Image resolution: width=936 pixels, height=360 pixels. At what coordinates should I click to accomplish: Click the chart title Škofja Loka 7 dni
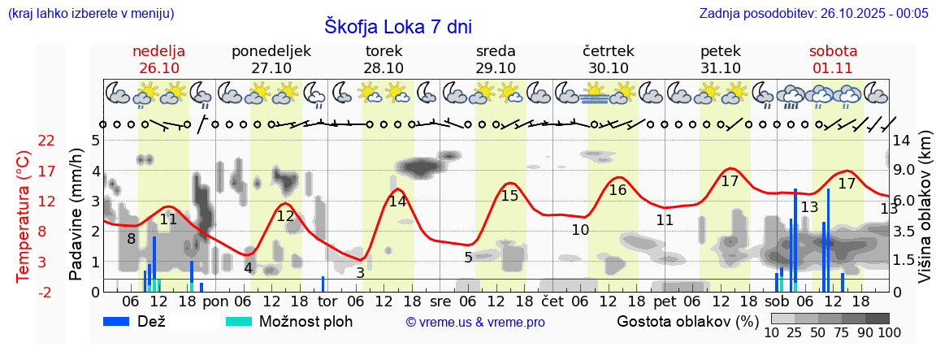397,26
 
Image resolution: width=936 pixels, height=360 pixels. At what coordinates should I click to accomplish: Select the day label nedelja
159,51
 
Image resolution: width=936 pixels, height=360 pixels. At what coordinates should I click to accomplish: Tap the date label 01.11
833,68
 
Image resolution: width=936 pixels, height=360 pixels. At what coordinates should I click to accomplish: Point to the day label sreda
496,51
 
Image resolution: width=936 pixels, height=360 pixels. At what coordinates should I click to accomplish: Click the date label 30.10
609,68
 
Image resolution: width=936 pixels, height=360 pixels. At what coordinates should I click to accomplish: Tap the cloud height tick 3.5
903,232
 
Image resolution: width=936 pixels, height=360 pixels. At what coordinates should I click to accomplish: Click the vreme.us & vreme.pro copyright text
475,323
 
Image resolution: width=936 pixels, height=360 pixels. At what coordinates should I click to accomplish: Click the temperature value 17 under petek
730,181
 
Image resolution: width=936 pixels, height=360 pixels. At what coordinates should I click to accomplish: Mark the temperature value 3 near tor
360,272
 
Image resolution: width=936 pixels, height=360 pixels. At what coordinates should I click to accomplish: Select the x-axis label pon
215,301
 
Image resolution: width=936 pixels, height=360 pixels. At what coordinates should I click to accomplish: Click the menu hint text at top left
90,13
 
